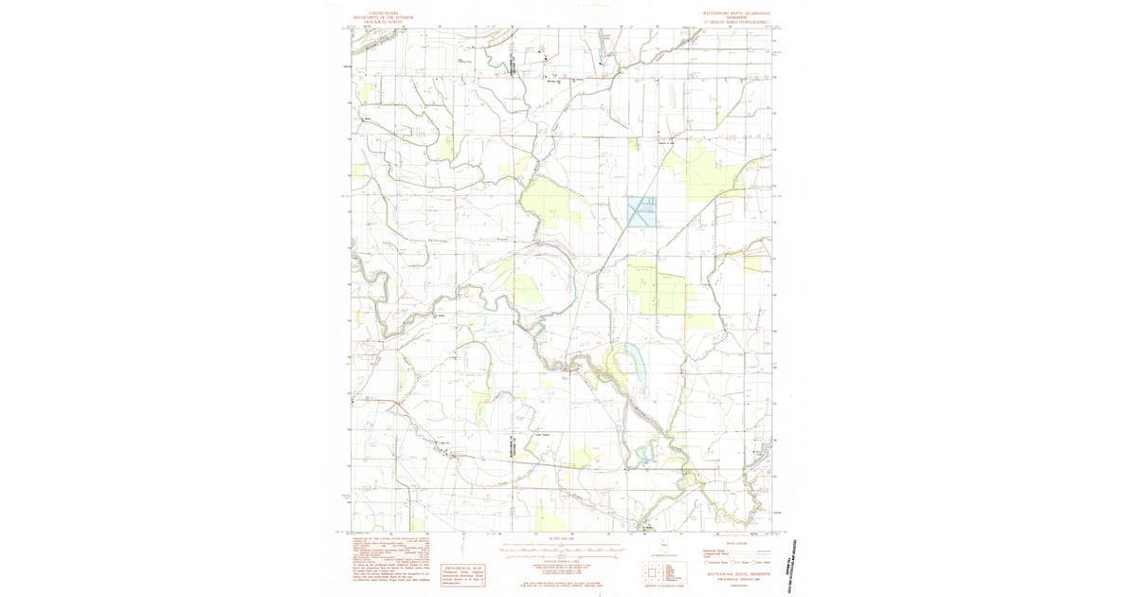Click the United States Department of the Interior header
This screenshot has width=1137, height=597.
(384, 17)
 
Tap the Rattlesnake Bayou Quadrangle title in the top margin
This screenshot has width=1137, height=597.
(735, 17)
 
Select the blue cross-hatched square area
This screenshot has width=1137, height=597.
(641, 211)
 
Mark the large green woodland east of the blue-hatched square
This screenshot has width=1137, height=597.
(699, 171)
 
